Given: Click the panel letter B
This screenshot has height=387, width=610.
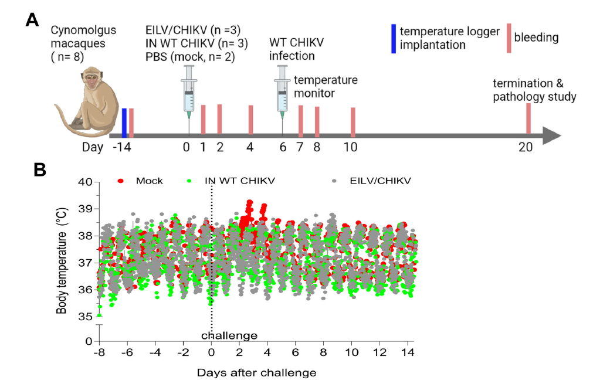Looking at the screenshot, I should pyautogui.click(x=40, y=169).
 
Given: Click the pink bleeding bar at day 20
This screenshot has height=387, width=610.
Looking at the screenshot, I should pyautogui.click(x=528, y=119).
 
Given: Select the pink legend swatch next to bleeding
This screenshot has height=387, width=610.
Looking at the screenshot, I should pyautogui.click(x=509, y=38).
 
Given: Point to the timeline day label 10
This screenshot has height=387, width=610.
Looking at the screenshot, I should pyautogui.click(x=351, y=147).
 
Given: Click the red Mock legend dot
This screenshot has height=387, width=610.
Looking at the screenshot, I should pyautogui.click(x=121, y=181).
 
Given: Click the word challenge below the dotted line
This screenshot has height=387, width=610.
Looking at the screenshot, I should pyautogui.click(x=229, y=335).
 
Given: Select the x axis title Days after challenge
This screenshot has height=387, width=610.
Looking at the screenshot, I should pyautogui.click(x=256, y=372).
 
